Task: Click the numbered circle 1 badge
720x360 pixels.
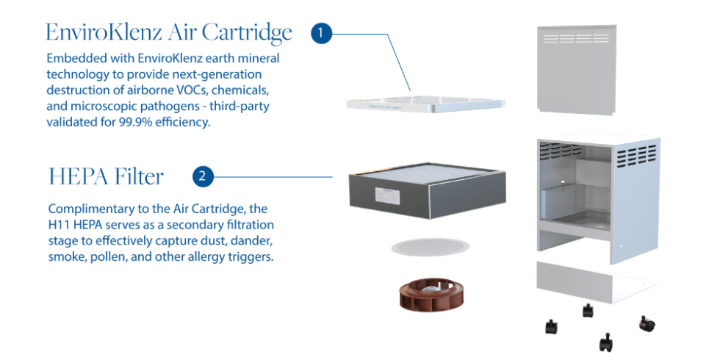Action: [321, 33]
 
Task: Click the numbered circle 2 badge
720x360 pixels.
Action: [203, 176]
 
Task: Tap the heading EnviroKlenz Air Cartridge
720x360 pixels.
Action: [168, 33]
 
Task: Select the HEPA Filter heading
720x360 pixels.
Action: [106, 176]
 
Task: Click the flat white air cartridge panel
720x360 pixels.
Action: [426, 104]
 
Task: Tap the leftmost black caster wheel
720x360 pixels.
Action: [551, 327]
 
